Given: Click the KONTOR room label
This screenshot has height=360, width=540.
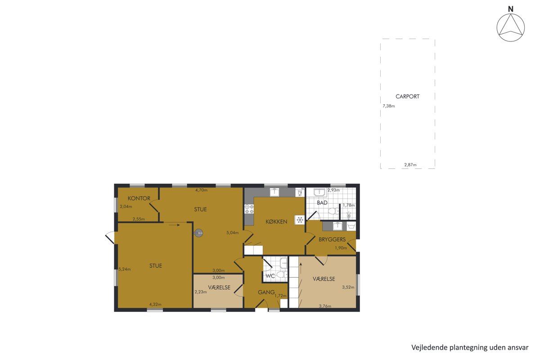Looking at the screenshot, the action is pyautogui.click(x=139, y=198).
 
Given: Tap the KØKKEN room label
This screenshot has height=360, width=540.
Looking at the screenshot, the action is pyautogui.click(x=276, y=221).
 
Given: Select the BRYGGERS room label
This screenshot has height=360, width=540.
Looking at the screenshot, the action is pyautogui.click(x=332, y=239).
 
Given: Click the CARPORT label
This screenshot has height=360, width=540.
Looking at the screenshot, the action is pyautogui.click(x=407, y=96).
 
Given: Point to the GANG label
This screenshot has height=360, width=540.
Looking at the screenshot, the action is pyautogui.click(x=266, y=292).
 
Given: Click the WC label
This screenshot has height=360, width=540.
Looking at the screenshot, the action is pyautogui.click(x=270, y=276).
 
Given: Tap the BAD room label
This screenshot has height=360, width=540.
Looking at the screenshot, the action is pyautogui.click(x=322, y=203).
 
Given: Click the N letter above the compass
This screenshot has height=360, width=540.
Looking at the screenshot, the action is pyautogui.click(x=511, y=9).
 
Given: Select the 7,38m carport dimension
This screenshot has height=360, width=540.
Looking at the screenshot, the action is pyautogui.click(x=389, y=106).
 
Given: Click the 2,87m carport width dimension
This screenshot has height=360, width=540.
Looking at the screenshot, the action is pyautogui.click(x=410, y=165).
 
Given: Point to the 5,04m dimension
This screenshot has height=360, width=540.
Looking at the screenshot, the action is pyautogui.click(x=232, y=233).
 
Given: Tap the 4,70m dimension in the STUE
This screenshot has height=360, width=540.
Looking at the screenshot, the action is pyautogui.click(x=201, y=190).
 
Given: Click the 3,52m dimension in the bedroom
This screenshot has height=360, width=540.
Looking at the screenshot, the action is pyautogui.click(x=348, y=287).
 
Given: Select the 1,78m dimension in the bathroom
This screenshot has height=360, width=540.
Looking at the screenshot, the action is pyautogui.click(x=349, y=205).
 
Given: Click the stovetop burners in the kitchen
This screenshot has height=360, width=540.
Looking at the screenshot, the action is pyautogui.click(x=249, y=209).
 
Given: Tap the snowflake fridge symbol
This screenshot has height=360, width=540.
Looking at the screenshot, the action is pyautogui.click(x=300, y=220).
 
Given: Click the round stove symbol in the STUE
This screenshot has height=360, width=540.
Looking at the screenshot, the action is pyautogui.click(x=198, y=233).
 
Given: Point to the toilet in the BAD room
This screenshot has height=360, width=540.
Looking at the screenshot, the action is pyautogui.click(x=333, y=211).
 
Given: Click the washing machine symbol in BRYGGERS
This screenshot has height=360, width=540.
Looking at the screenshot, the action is pyautogui.click(x=351, y=226).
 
